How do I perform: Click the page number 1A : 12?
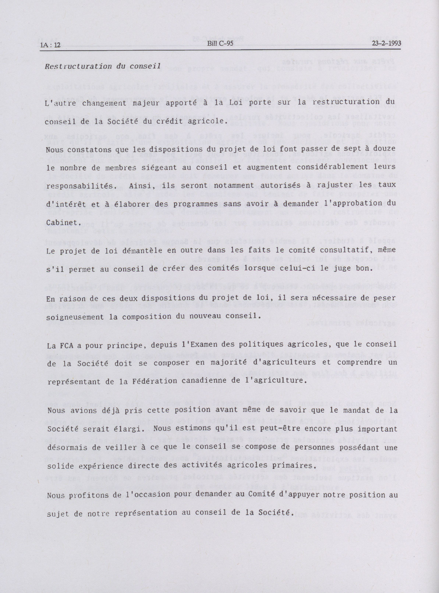point(50,45)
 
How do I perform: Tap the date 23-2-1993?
point(386,44)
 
